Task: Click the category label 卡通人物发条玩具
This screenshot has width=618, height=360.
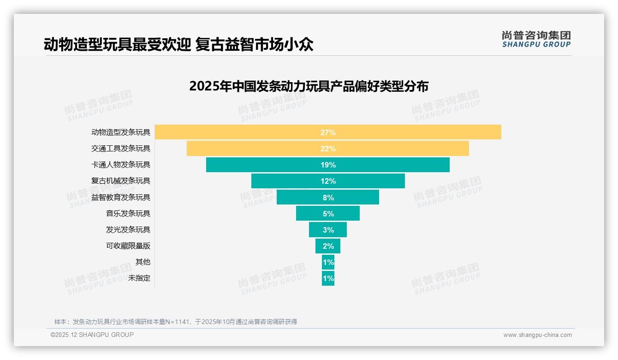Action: click(121, 165)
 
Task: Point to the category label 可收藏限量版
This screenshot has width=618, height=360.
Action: click(128, 246)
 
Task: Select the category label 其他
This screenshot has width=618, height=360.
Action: click(143, 262)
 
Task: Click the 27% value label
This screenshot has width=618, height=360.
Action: click(328, 132)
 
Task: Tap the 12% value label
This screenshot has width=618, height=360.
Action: click(328, 181)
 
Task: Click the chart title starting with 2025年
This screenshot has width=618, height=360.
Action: click(309, 86)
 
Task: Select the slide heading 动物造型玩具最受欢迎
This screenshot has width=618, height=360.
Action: click(179, 44)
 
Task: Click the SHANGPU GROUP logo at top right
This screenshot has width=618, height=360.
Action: click(536, 39)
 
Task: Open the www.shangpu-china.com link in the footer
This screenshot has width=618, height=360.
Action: click(537, 335)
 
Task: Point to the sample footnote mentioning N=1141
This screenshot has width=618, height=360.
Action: click(176, 322)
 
